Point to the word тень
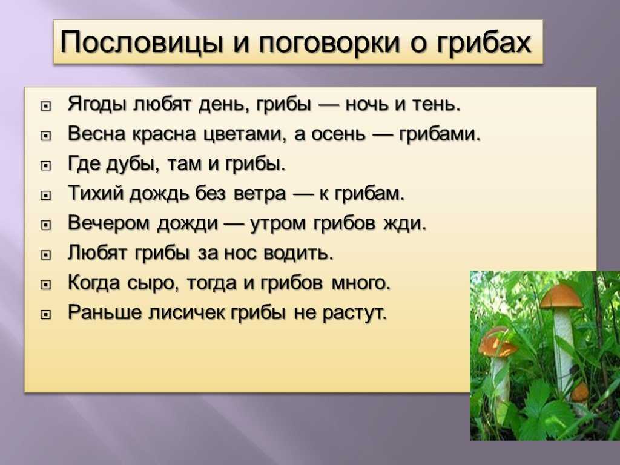[437, 105]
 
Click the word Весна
[97, 134]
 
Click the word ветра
[259, 194]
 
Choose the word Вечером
[110, 223]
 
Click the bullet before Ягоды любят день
[46, 106]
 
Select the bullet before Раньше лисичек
[46, 314]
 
